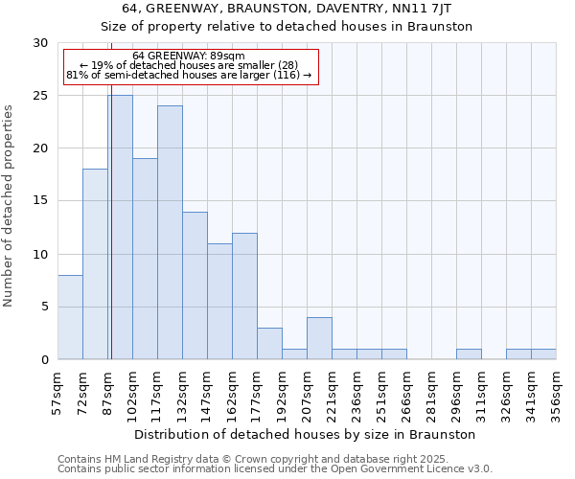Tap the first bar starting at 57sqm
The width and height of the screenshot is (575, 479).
(70, 317)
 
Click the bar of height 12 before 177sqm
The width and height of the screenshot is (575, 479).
(244, 296)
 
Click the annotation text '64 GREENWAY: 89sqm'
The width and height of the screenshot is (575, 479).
(189, 57)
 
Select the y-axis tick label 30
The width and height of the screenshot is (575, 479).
(40, 43)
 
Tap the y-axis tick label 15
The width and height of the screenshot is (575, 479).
(40, 201)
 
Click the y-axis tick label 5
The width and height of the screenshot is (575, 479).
(44, 307)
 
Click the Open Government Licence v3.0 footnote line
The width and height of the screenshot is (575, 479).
(274, 469)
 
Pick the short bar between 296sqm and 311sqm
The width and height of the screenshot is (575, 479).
(469, 354)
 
